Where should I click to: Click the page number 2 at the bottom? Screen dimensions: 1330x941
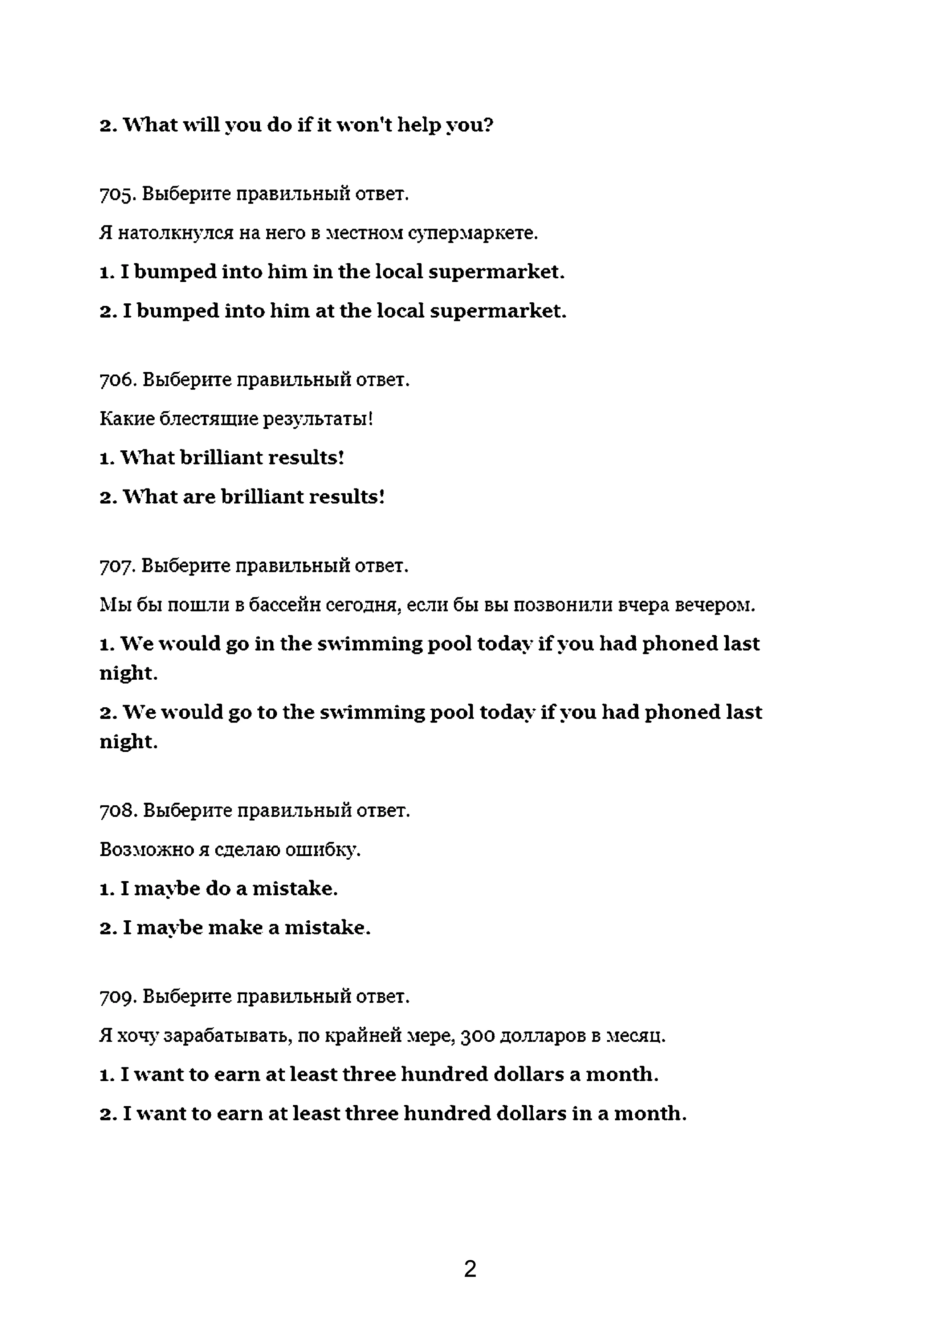[x=470, y=1269]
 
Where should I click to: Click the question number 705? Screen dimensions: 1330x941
[x=118, y=194]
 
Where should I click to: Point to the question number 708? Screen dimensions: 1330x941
[x=118, y=810]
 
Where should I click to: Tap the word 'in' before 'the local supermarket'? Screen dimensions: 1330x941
[x=322, y=272]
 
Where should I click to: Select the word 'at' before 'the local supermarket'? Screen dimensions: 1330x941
[x=325, y=311]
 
